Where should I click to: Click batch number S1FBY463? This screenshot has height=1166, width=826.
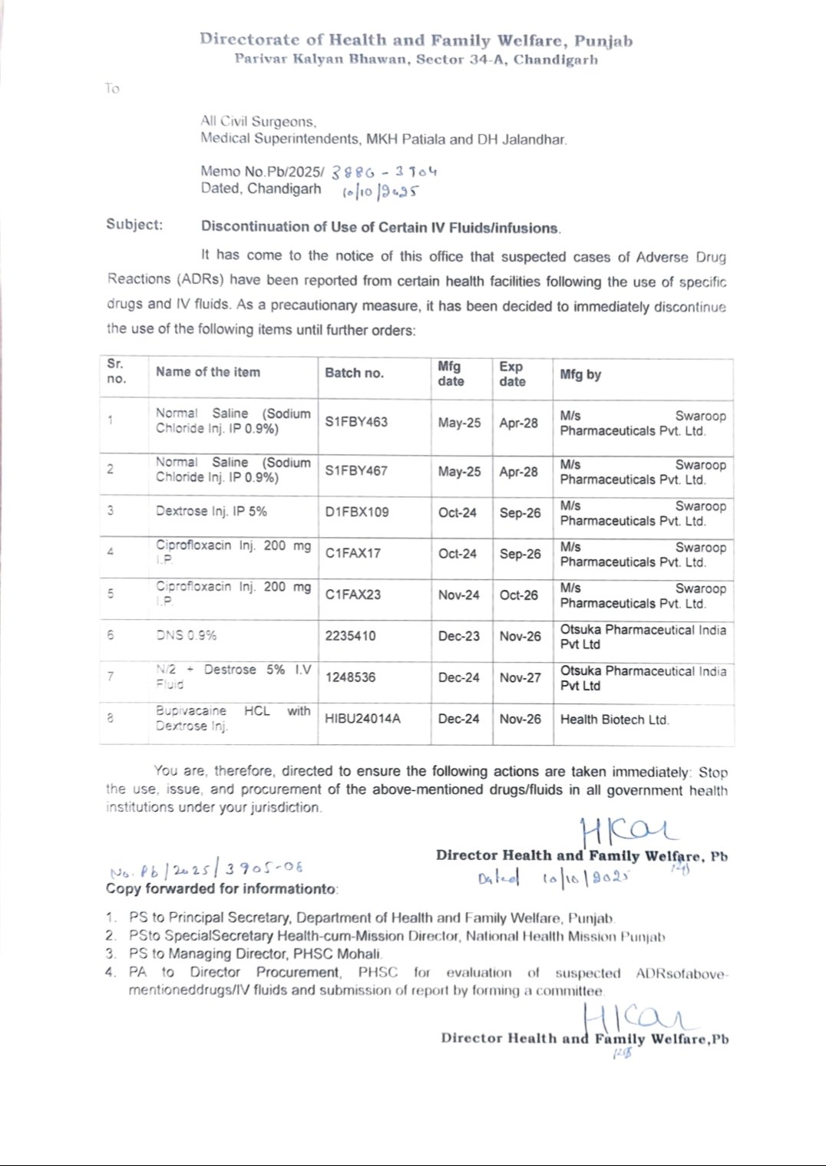click(x=356, y=422)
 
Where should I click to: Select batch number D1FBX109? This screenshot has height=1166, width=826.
click(x=357, y=512)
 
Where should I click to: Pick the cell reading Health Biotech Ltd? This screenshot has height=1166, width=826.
click(x=614, y=720)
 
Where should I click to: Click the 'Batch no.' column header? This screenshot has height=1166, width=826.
click(x=354, y=373)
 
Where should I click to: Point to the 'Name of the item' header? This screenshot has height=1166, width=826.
click(x=208, y=372)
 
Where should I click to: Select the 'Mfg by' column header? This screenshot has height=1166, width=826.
click(x=580, y=374)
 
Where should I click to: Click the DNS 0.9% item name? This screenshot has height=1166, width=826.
click(x=186, y=635)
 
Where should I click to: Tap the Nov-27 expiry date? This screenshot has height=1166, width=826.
click(x=520, y=677)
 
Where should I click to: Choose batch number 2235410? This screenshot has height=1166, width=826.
click(x=350, y=636)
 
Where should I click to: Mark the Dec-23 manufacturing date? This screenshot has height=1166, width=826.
click(x=458, y=636)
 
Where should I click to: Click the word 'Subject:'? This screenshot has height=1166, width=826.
click(x=134, y=225)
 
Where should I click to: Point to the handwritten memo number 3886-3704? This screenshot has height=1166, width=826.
click(x=384, y=172)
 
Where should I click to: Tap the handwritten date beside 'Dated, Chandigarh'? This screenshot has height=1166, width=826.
click(x=381, y=191)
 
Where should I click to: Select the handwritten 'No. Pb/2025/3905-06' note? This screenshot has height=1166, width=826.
click(x=206, y=870)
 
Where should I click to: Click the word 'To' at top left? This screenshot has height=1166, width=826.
click(x=112, y=89)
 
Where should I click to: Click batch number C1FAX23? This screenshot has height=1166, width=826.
click(x=352, y=595)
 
